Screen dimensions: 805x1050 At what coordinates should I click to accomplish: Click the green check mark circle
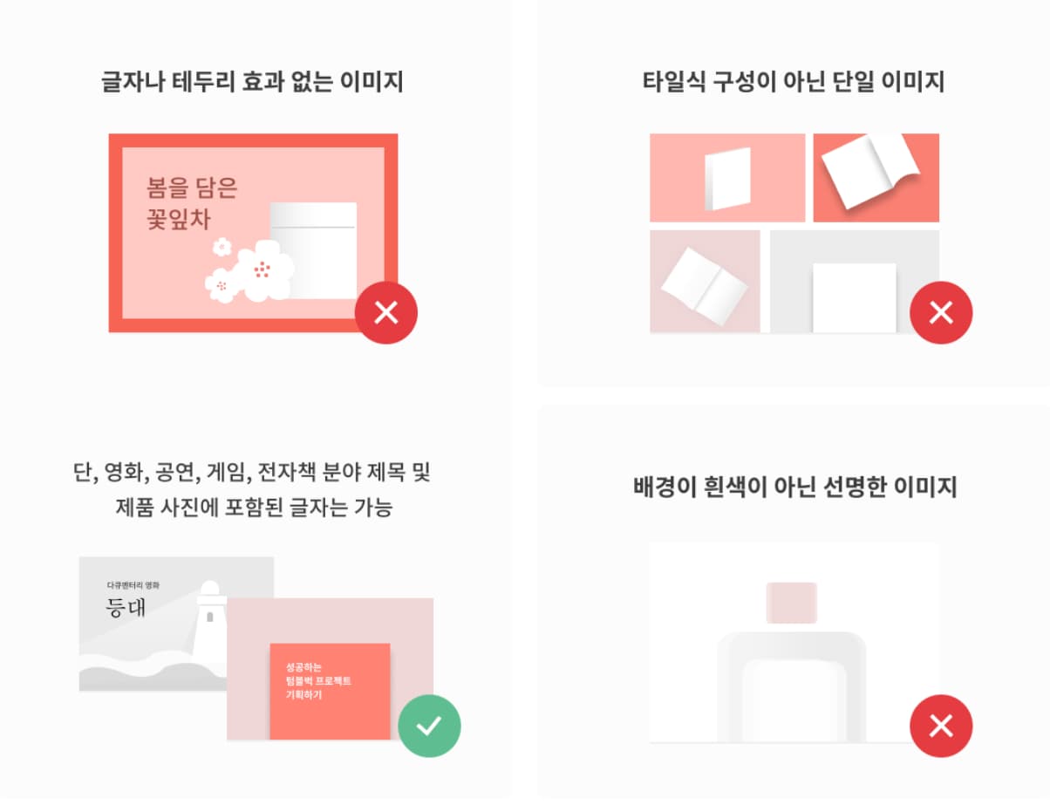click(x=429, y=726)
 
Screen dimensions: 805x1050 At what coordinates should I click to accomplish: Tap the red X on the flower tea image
click(x=386, y=312)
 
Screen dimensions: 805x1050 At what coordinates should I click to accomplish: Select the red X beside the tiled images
click(x=941, y=312)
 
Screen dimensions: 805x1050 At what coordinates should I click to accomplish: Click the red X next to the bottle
click(x=941, y=726)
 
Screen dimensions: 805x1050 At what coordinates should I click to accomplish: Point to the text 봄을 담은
click(x=192, y=188)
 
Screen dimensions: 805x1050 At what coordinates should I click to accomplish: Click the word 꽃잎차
click(x=179, y=218)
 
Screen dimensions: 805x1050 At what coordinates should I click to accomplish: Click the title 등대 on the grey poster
click(x=126, y=607)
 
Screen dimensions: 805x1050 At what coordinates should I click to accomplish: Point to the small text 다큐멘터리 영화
click(x=133, y=584)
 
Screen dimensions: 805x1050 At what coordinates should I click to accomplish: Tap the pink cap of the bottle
click(x=791, y=603)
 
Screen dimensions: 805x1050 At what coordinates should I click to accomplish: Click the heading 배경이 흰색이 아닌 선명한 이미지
click(x=794, y=487)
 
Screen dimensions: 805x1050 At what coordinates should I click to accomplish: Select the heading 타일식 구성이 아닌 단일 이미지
click(x=792, y=83)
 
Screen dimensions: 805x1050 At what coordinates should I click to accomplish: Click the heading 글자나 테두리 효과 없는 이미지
click(x=252, y=83)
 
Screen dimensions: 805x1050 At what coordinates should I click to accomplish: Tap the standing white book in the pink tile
click(x=727, y=179)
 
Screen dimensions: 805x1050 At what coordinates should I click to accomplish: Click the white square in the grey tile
click(x=854, y=297)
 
